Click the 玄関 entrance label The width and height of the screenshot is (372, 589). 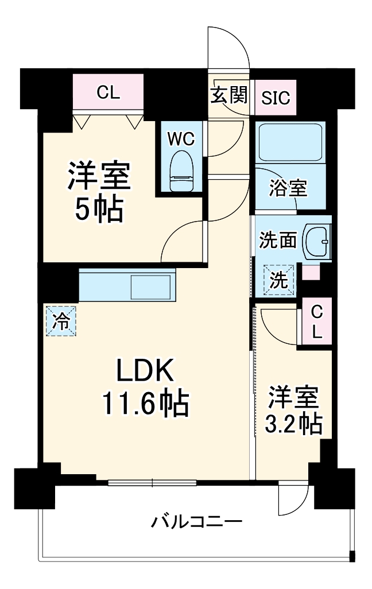(228, 95)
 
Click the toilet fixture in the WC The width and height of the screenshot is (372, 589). (181, 169)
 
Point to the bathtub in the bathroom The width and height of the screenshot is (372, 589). (289, 142)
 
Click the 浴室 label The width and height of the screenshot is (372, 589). (289, 188)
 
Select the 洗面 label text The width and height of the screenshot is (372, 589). (278, 240)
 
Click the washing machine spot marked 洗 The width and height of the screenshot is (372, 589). (278, 280)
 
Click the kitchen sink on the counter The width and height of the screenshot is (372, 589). (152, 286)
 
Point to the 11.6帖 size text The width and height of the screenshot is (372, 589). (146, 405)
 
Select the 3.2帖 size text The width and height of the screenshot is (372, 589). (293, 424)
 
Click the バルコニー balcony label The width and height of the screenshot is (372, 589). (196, 522)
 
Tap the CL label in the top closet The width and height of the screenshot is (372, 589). (108, 92)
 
